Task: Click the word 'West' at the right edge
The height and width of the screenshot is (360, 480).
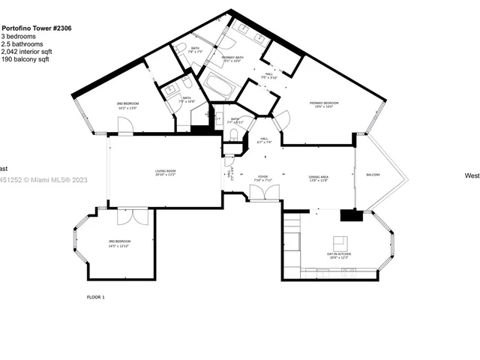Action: click(472, 175)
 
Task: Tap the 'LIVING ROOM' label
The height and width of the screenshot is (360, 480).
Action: click(166, 172)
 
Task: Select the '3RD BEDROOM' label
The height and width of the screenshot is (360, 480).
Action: click(119, 241)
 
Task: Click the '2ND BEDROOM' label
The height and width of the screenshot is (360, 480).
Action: click(128, 103)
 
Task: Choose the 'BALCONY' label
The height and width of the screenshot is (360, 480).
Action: click(373, 175)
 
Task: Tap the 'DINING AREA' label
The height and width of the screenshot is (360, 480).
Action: click(319, 177)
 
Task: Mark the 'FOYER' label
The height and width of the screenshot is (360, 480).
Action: click(263, 177)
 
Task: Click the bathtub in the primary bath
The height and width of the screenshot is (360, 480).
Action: click(219, 86)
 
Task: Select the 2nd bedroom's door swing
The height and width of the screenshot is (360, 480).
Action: click(125, 126)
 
